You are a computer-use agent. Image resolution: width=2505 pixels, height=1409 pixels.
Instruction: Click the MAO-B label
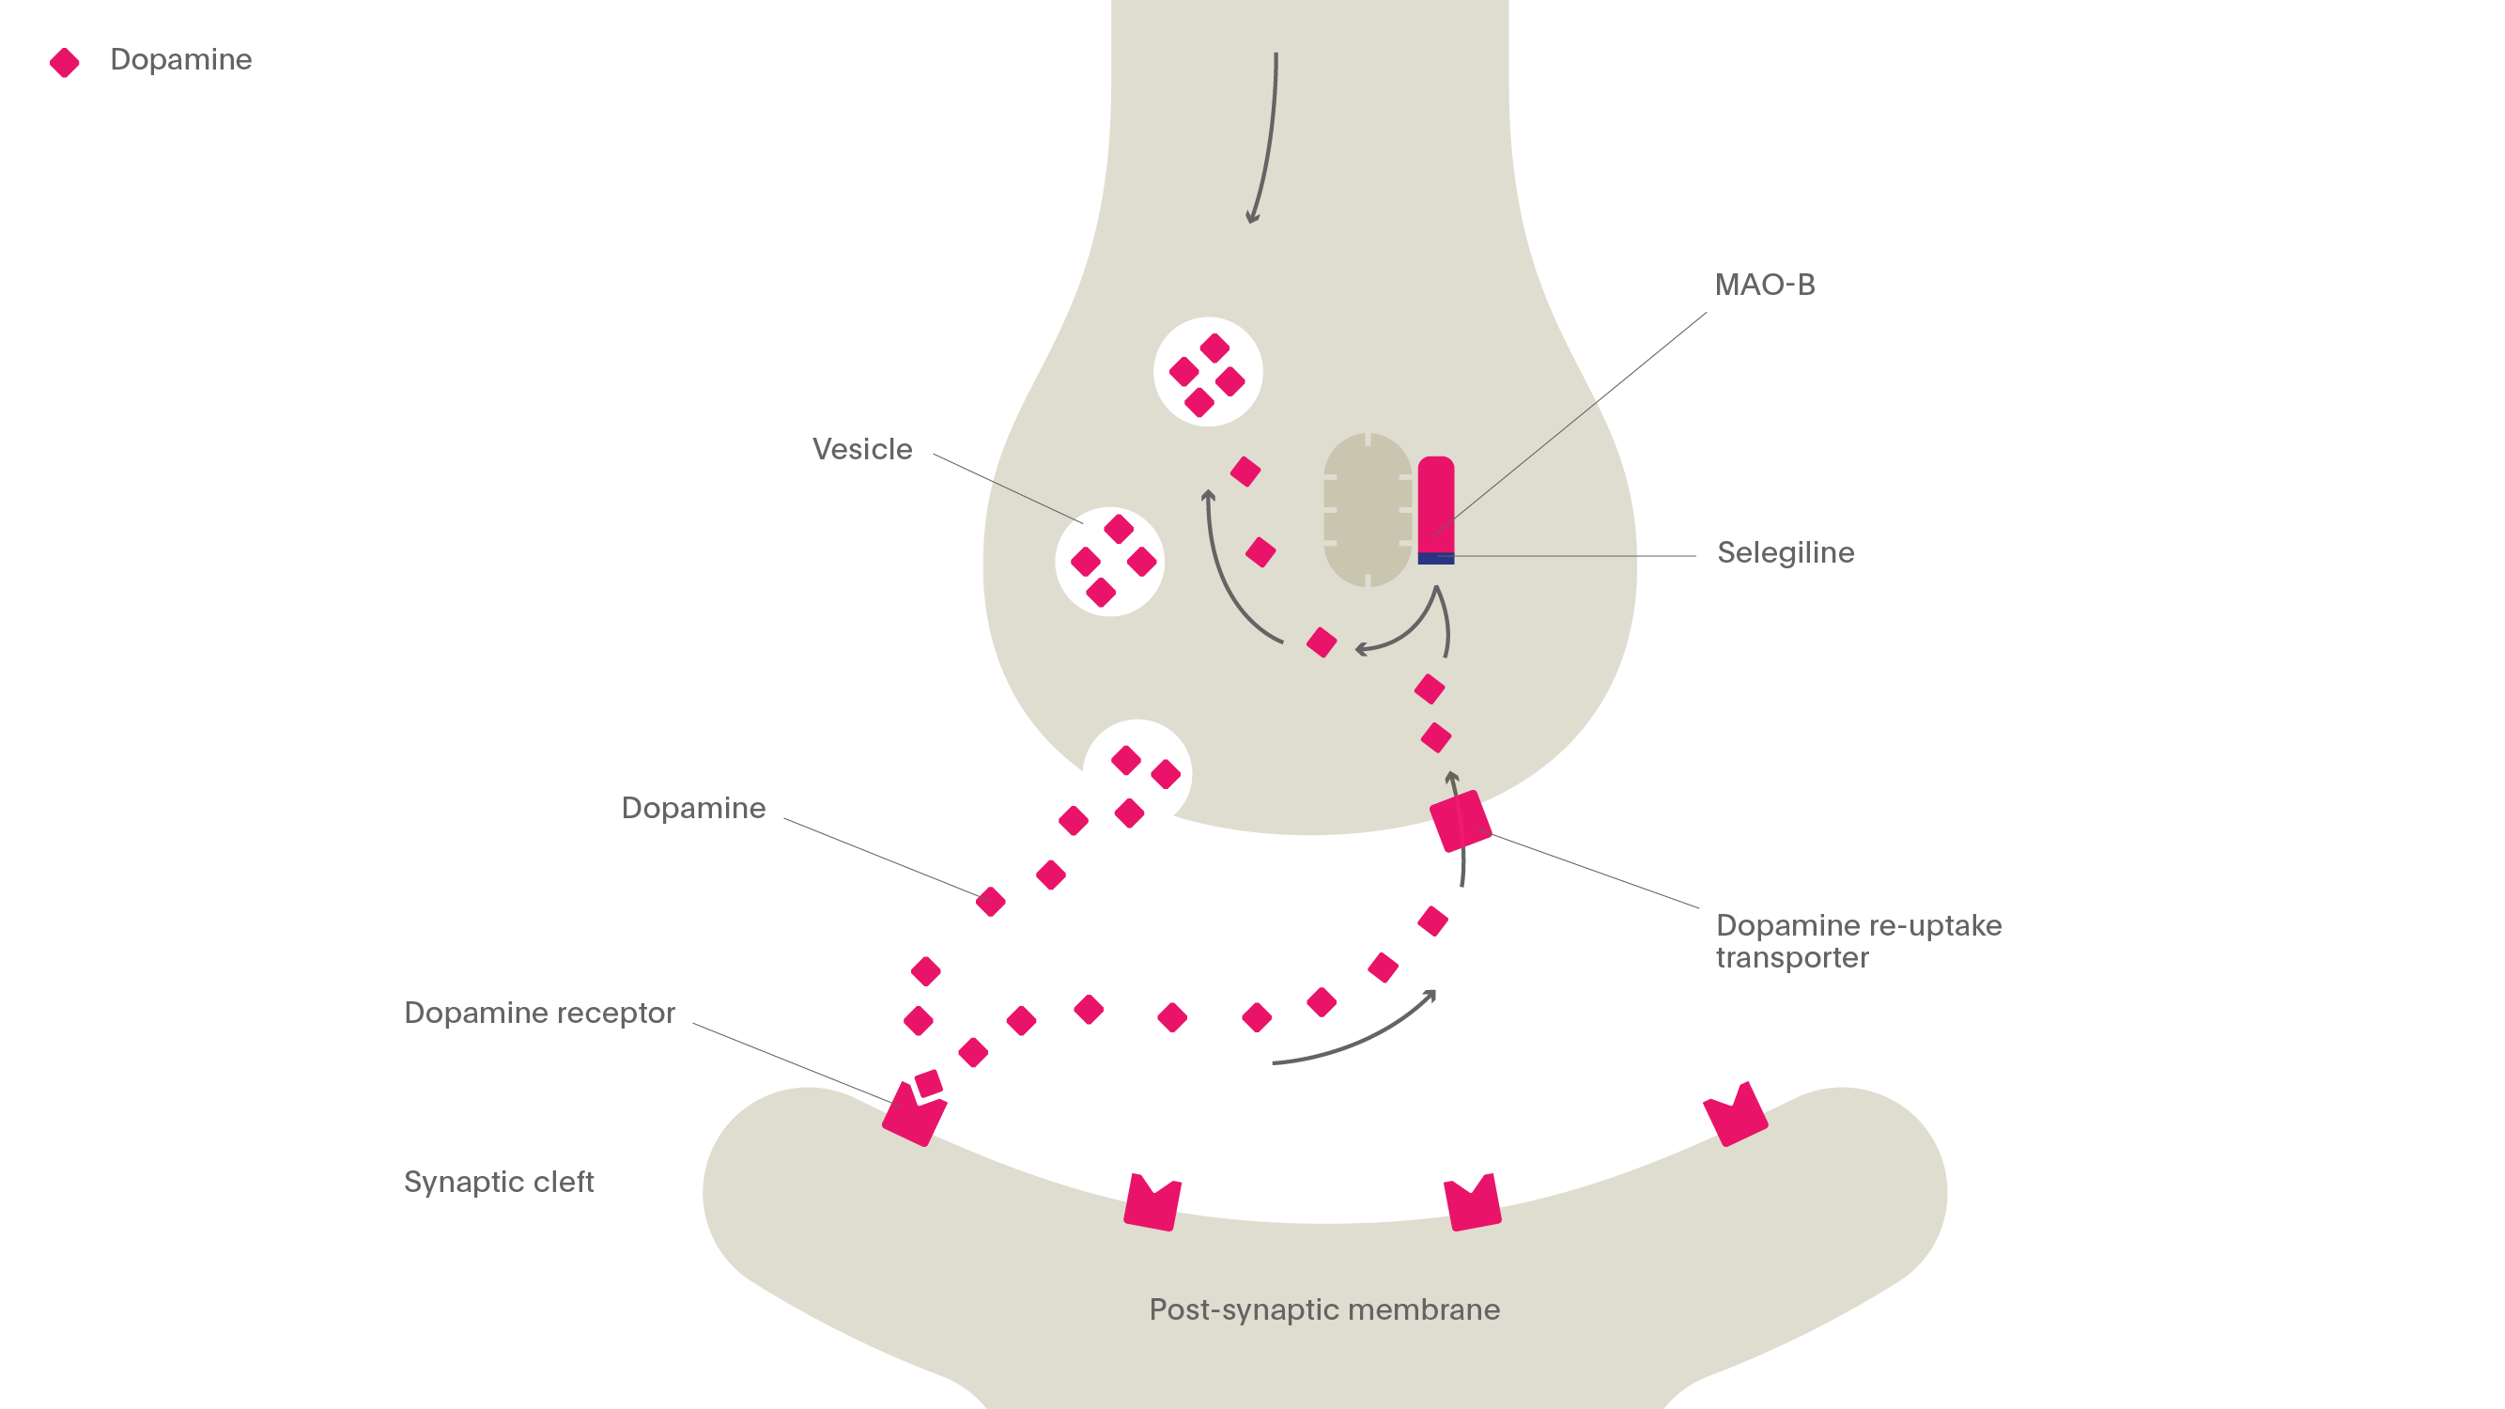point(1764,285)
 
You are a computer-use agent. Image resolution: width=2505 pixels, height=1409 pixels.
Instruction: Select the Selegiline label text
point(1786,553)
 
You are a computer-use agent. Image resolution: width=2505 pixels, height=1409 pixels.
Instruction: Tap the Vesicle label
point(861,449)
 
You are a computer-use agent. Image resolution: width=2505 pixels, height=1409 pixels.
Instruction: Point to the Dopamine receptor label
point(539,1014)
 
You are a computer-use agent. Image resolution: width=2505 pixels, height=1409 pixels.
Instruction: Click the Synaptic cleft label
point(498,1183)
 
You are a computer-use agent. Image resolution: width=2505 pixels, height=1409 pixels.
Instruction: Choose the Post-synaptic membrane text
point(1324,1309)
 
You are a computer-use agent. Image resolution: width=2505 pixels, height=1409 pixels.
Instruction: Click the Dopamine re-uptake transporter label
point(1857,941)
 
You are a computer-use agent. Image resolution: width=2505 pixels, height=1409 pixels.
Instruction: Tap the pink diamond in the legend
point(64,62)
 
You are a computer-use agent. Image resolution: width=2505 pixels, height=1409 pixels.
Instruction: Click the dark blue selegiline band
point(1435,558)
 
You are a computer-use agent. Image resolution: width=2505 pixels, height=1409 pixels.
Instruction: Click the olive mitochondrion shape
point(1368,510)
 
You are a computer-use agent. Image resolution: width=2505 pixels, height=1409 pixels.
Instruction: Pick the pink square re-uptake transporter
point(1460,822)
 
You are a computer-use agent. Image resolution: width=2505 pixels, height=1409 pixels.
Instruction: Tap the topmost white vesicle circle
point(1208,372)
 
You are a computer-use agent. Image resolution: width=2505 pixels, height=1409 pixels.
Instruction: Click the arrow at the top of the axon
point(1266,136)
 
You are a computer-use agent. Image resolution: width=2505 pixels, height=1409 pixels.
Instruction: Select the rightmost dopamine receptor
point(1736,1116)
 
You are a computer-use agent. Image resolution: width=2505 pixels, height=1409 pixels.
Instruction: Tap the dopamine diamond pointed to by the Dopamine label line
point(990,903)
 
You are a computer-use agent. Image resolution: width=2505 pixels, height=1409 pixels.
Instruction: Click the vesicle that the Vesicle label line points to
point(1109,562)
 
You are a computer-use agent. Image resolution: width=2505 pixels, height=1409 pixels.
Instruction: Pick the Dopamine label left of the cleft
point(692,809)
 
